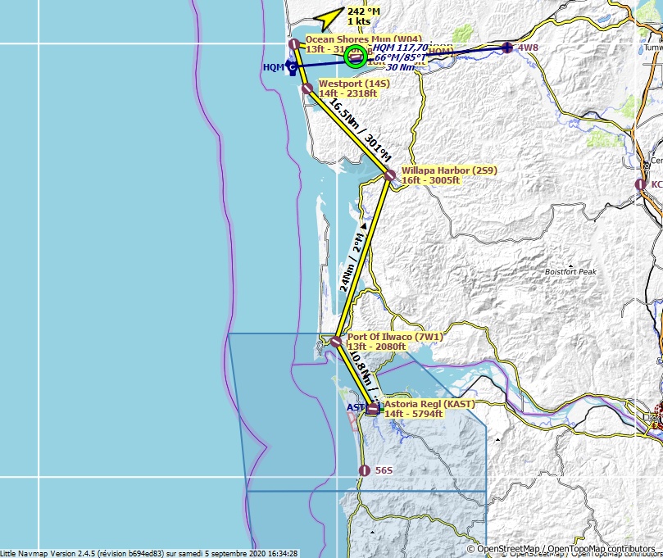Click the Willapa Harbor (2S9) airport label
tap(449, 175)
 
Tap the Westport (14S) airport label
tap(354, 88)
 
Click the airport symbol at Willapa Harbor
tap(390, 175)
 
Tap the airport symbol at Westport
tap(308, 88)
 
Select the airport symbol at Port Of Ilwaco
tap(336, 341)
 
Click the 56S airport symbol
tap(365, 470)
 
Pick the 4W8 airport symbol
tap(508, 48)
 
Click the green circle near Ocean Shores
tap(355, 56)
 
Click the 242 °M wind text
tap(364, 11)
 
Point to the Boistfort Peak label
tap(570, 271)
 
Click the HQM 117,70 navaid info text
tap(402, 48)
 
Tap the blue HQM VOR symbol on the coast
tap(292, 67)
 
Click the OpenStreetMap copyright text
tap(564, 548)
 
